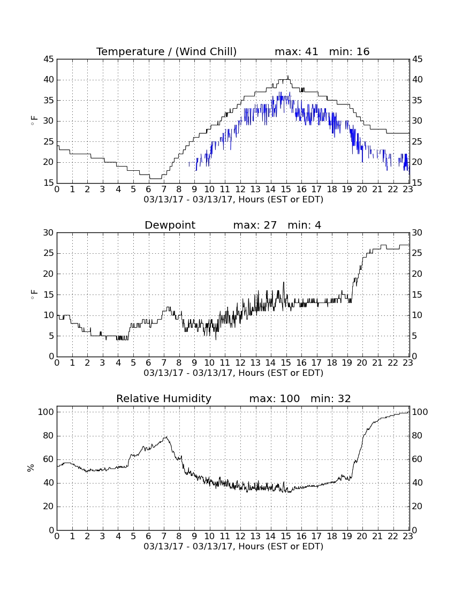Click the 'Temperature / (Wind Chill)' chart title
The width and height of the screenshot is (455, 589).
coord(166,51)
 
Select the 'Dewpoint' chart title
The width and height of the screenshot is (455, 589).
coord(170,225)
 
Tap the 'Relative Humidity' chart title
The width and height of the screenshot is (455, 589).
coord(164,398)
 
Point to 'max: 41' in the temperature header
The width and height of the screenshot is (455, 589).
coord(296,51)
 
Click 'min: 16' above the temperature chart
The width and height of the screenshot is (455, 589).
coord(349,51)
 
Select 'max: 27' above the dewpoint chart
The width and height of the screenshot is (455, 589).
coord(255,225)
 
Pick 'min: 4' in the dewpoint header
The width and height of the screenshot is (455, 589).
coord(305,225)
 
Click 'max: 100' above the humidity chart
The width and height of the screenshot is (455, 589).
coord(275,398)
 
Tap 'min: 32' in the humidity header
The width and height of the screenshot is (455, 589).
coord(330,398)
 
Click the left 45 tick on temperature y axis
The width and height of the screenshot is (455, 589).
coord(49,59)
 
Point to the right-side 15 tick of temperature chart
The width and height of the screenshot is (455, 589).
coord(418,183)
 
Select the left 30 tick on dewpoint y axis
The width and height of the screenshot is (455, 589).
coord(49,233)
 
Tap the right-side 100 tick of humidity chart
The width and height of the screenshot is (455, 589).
coord(420,412)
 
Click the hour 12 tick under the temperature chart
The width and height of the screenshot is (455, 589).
coord(240,190)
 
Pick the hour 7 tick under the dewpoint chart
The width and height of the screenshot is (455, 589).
coord(164,363)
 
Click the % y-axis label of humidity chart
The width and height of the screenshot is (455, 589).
coord(31,468)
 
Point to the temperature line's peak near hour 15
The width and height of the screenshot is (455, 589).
coord(288,76)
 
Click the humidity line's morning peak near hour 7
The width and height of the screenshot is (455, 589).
coord(165,437)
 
